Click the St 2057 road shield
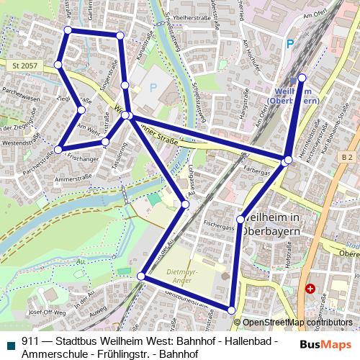pos(24,65)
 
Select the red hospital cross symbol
pos(310,289)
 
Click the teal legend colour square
pos(9,343)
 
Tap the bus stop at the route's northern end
pos(302,78)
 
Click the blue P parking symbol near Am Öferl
pos(289,44)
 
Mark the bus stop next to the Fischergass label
pos(240,219)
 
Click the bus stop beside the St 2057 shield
pos(58,65)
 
